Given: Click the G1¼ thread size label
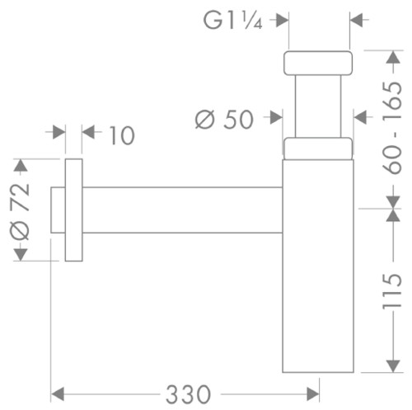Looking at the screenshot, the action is pyautogui.click(x=232, y=20).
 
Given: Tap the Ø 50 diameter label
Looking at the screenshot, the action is pyautogui.click(x=224, y=120).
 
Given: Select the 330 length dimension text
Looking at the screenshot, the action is pyautogui.click(x=188, y=394).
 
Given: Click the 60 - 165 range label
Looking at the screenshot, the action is pyautogui.click(x=392, y=127).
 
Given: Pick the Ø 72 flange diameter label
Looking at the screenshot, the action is pyautogui.click(x=19, y=211).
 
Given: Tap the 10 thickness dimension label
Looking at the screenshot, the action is pyautogui.click(x=122, y=135).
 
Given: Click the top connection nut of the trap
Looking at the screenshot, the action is pyautogui.click(x=318, y=63).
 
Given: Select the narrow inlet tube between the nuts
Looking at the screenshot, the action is pyautogui.click(x=318, y=106).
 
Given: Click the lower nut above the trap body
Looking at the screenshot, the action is pyautogui.click(x=318, y=148).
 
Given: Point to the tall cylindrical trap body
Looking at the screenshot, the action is pyautogui.click(x=318, y=266).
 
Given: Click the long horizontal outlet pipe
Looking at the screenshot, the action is pyautogui.click(x=182, y=210).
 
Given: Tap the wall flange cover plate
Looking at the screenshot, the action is pyautogui.click(x=73, y=210).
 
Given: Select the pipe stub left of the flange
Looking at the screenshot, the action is pyautogui.click(x=58, y=210).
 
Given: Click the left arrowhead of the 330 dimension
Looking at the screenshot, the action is pyautogui.click(x=58, y=394).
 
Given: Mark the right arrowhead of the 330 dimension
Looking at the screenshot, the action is pyautogui.click(x=313, y=394).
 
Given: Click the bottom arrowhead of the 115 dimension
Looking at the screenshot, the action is pyautogui.click(x=393, y=366).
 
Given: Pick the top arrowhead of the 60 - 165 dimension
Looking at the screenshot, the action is pyautogui.click(x=393, y=57).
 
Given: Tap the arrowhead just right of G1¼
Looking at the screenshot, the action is pyautogui.click(x=282, y=20).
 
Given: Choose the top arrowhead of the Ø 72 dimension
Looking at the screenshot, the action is pyautogui.click(x=21, y=166).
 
